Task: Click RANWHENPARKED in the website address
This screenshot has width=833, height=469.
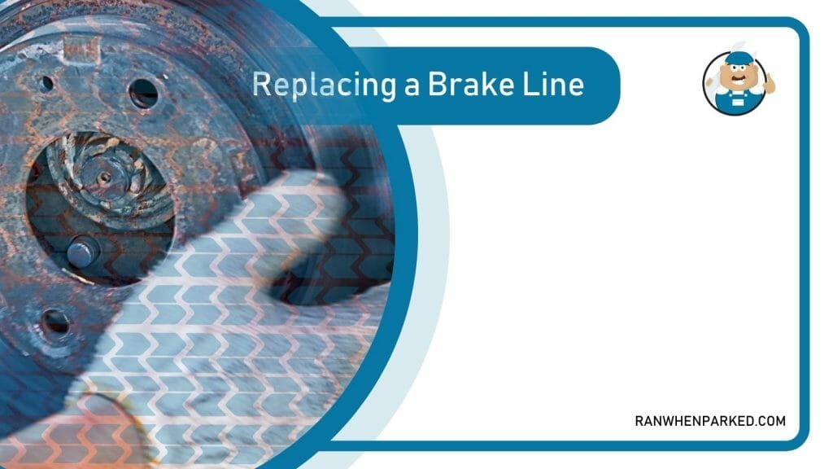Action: pyautogui.click(x=694, y=421)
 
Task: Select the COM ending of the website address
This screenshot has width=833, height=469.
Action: pyautogui.click(x=771, y=421)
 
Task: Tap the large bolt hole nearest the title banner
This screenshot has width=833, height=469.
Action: pyautogui.click(x=143, y=93)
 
